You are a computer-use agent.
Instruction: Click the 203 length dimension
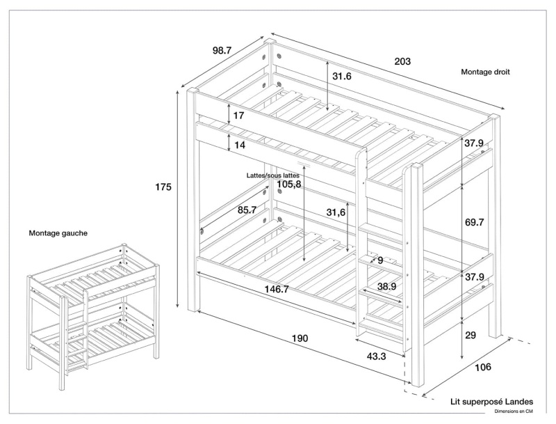[x=402, y=61]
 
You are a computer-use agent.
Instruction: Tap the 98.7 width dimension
[x=222, y=50]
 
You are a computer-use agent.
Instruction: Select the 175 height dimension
[x=163, y=187]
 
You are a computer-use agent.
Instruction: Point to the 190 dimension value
[x=300, y=338]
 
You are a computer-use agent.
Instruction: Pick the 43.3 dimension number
[x=377, y=356]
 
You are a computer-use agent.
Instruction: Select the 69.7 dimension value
[x=475, y=222]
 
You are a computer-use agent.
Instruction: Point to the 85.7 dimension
[x=247, y=210]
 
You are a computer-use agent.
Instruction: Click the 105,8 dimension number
[x=288, y=184]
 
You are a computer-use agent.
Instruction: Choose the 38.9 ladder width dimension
[x=387, y=286]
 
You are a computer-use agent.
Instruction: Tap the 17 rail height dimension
[x=238, y=116]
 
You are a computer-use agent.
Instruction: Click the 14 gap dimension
[x=239, y=145]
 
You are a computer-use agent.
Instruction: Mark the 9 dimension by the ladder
[x=380, y=260]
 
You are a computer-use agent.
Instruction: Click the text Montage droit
[x=486, y=72]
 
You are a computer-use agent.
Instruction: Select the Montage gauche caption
[x=58, y=233]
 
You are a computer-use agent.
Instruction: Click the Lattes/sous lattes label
[x=273, y=175]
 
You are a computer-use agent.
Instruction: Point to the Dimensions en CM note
[x=514, y=411]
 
